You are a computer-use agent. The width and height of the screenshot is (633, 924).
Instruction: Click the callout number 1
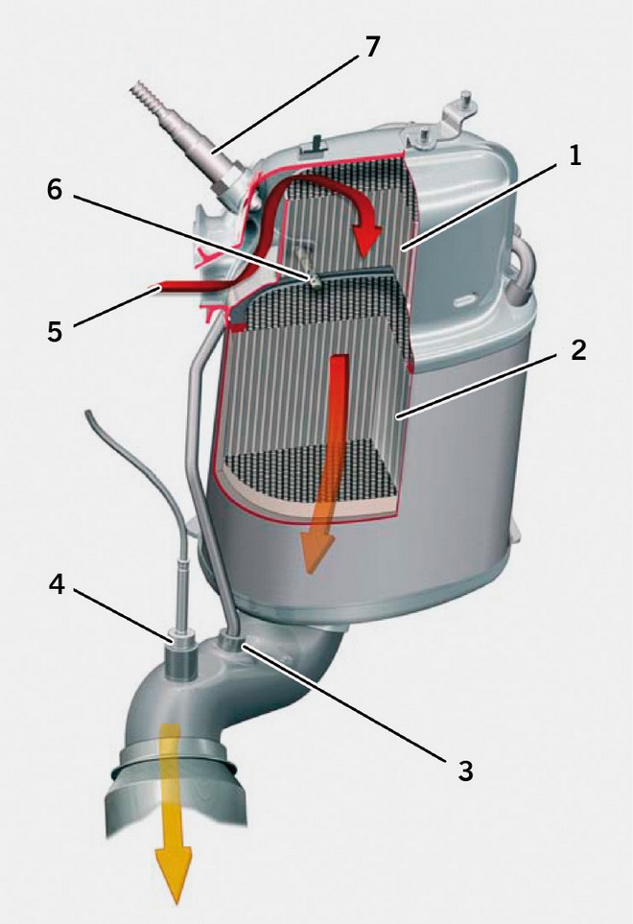[574, 156]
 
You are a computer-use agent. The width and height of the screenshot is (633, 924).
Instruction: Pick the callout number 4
[59, 585]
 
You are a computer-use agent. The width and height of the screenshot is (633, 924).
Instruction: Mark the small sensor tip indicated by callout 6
[313, 278]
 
